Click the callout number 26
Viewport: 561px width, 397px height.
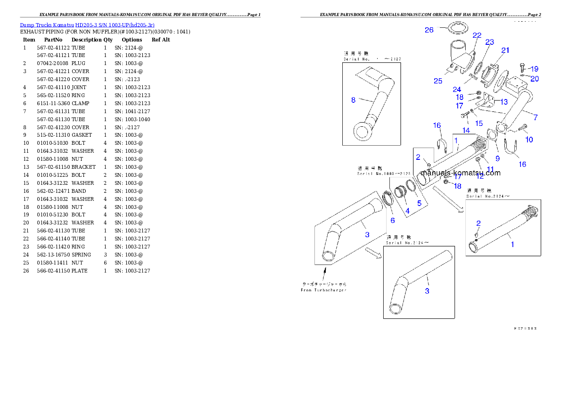pyautogui.click(x=429, y=30)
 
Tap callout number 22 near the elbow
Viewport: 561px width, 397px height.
pyautogui.click(x=477, y=35)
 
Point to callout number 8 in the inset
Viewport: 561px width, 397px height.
pyautogui.click(x=353, y=100)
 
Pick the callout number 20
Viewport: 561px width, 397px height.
pyautogui.click(x=534, y=79)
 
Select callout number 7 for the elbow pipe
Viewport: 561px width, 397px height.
pyautogui.click(x=535, y=117)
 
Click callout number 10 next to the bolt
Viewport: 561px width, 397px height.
pyautogui.click(x=529, y=140)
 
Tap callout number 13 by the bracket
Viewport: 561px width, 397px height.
pyautogui.click(x=504, y=102)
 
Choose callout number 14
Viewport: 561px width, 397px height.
pyautogui.click(x=466, y=130)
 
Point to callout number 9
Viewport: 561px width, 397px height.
pyautogui.click(x=497, y=158)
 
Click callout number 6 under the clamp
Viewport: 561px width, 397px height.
pyautogui.click(x=392, y=221)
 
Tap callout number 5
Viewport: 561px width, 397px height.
pyautogui.click(x=419, y=203)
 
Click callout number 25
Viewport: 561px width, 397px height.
pyautogui.click(x=438, y=81)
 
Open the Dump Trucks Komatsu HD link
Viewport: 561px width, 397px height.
pyautogui.click(x=87, y=25)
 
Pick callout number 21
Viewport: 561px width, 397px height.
pyautogui.click(x=505, y=50)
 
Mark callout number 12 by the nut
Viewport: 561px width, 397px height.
pyautogui.click(x=480, y=177)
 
